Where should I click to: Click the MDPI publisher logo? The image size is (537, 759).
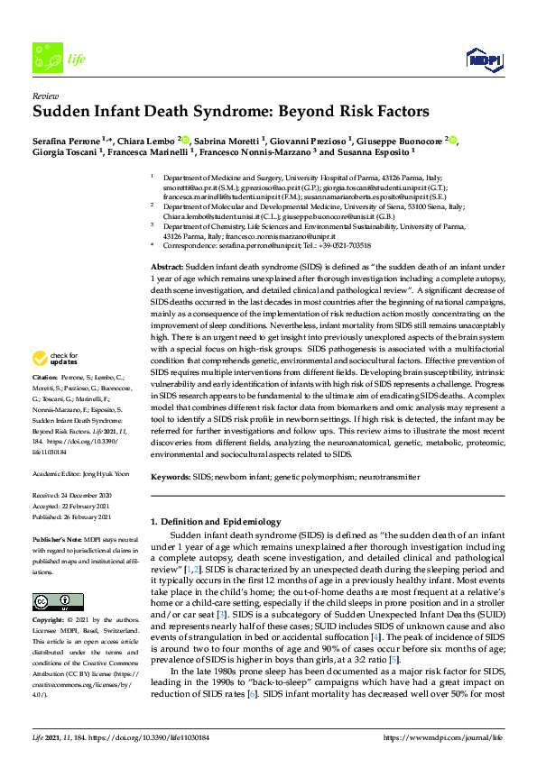coord(483,59)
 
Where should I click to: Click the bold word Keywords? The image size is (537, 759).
coord(171,475)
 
